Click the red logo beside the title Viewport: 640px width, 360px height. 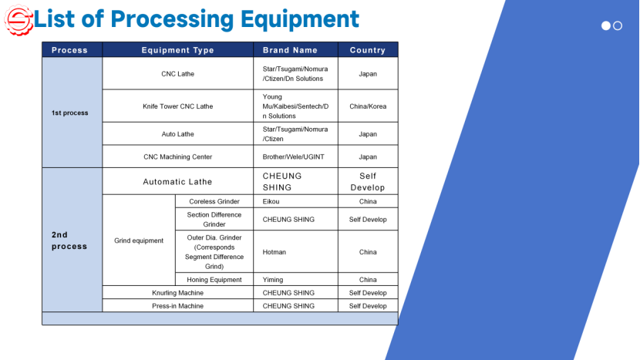point(19,20)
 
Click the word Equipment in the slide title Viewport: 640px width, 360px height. point(300,19)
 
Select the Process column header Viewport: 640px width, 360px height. point(69,50)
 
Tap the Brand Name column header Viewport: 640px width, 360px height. point(290,50)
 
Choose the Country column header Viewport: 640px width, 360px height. point(367,50)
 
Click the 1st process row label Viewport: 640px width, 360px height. point(70,113)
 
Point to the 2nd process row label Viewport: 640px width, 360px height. point(69,241)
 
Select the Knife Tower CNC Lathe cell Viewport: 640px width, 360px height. point(177,106)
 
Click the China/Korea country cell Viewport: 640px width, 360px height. point(368,106)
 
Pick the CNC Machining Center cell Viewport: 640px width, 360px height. point(177,156)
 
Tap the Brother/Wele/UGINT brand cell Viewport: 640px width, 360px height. point(294,156)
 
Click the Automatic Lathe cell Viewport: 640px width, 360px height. point(177,182)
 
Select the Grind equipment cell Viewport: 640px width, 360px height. point(139,241)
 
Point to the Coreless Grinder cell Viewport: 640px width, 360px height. point(214,201)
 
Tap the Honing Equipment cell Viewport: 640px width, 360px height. point(214,280)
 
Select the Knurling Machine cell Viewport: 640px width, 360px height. point(177,293)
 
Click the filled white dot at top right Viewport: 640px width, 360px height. point(606,25)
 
